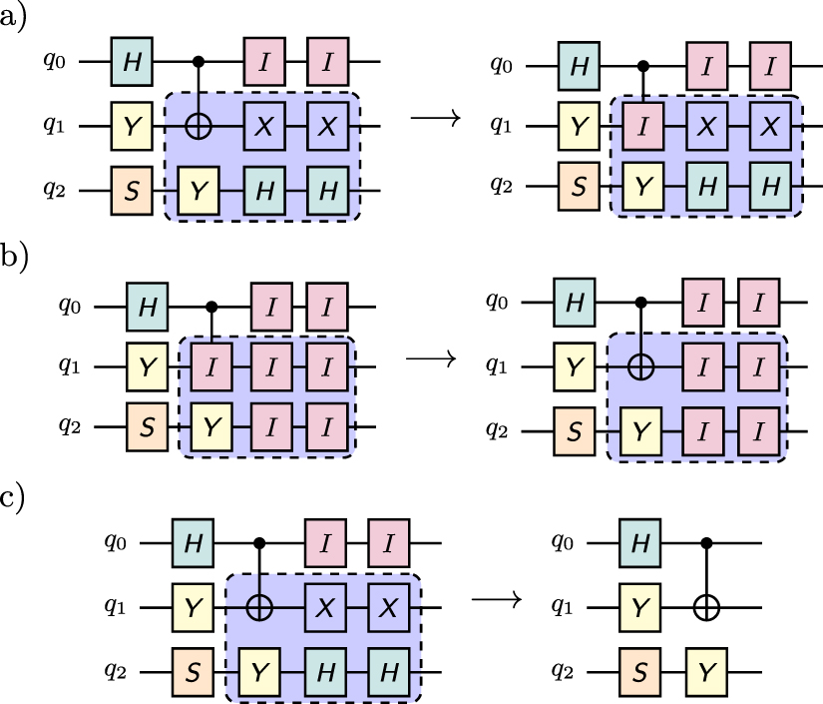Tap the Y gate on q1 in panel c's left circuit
point(192,605)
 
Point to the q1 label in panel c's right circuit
point(566,605)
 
